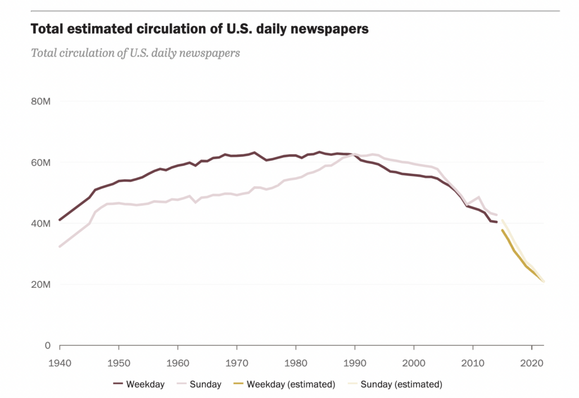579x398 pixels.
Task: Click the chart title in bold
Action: click(x=200, y=29)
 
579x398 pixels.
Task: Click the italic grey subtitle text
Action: click(x=135, y=53)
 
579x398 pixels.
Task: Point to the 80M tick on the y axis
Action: click(x=41, y=102)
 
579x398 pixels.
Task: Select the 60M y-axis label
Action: click(x=41, y=162)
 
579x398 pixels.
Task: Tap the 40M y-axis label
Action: click(x=41, y=224)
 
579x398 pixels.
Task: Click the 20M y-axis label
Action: click(x=41, y=284)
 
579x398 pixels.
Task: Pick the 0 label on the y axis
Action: click(x=48, y=345)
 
